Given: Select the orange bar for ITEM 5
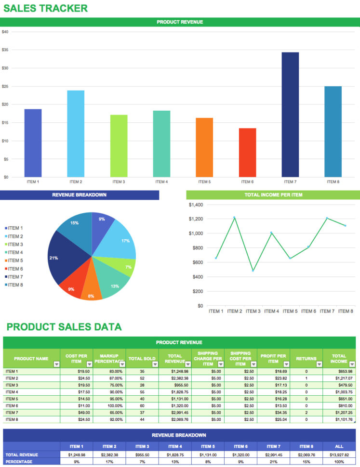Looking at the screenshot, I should tap(204, 147).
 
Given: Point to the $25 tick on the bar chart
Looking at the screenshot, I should tap(5, 86).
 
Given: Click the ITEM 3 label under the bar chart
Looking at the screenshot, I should tap(119, 182).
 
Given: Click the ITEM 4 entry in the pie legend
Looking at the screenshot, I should tap(15, 252).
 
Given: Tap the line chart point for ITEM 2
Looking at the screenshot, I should tap(234, 218).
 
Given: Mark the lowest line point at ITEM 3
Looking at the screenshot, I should tap(253, 271).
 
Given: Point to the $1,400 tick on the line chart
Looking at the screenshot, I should tap(196, 205).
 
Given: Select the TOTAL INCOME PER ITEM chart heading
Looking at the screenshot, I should tap(273, 195).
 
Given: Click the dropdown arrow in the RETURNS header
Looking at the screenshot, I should tap(319, 364).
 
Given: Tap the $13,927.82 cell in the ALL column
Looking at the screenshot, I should tap(339, 455).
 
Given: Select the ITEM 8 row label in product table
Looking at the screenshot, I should tap(12, 419).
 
